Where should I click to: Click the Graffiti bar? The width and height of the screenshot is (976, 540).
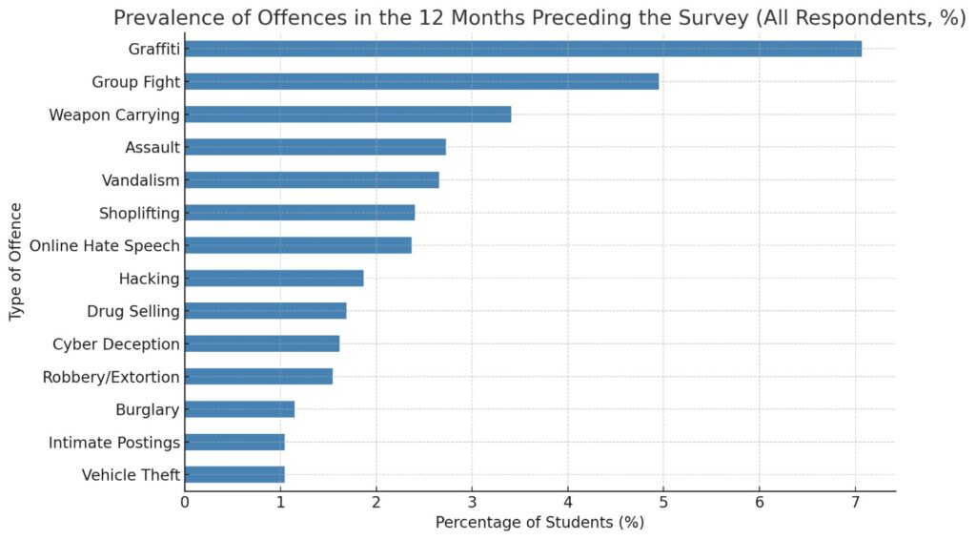click(x=523, y=49)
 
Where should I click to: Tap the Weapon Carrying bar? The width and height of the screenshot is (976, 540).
click(x=348, y=114)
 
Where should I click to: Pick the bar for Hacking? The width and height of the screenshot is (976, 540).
click(x=274, y=278)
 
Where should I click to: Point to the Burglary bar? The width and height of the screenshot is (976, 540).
click(x=239, y=409)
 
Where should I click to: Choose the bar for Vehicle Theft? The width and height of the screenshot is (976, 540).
click(x=234, y=474)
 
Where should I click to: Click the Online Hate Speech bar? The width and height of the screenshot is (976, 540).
click(x=298, y=245)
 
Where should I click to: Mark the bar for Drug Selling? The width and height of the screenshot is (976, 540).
click(x=266, y=311)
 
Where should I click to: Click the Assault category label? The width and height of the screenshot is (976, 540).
click(x=152, y=148)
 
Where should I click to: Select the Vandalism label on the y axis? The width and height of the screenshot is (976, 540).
click(x=141, y=180)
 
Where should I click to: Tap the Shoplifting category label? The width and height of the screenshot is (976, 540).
click(x=139, y=213)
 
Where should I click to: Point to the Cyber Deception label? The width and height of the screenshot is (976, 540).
click(x=116, y=343)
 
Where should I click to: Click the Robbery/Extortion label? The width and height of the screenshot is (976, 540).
click(x=112, y=377)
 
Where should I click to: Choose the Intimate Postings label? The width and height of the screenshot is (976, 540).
click(x=114, y=442)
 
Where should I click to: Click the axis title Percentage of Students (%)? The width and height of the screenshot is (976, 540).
click(x=539, y=523)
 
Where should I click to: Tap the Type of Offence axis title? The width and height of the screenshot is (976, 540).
click(x=16, y=260)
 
